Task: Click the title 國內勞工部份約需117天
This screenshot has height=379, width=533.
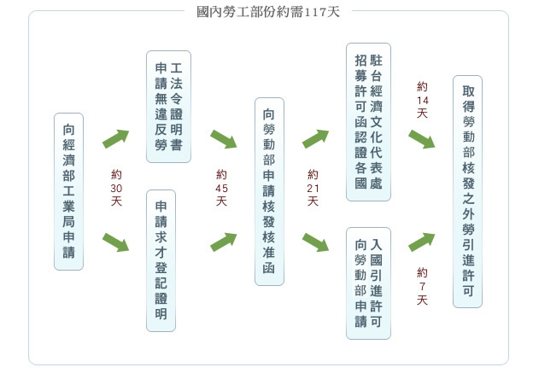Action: pos(268,12)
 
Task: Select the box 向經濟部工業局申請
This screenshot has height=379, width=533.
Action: pos(68,191)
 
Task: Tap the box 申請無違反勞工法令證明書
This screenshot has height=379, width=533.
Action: pos(168,107)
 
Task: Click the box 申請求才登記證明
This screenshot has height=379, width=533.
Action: pos(161,259)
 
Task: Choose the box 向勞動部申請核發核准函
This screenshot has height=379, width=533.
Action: pos(269,191)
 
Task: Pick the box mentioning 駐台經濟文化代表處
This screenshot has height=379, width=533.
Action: pos(368,122)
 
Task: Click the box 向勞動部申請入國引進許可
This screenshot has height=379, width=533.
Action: pos(368,282)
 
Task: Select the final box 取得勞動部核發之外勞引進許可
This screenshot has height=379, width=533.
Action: pos(467,191)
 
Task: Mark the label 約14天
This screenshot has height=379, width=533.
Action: pos(422,101)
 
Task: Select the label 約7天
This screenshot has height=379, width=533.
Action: pos(422,286)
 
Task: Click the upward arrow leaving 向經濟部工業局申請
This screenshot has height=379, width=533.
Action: pos(115,139)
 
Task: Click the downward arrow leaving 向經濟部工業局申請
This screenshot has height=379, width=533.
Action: pos(115,242)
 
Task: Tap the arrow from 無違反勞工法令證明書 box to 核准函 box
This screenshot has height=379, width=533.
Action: pos(223,139)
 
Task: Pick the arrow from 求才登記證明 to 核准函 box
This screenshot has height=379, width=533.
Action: pos(223,242)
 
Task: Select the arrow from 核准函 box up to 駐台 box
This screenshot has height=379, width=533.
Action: pos(315,139)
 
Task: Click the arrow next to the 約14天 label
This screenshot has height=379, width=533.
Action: pos(422,139)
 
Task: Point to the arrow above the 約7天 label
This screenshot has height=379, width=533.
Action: pos(422,242)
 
